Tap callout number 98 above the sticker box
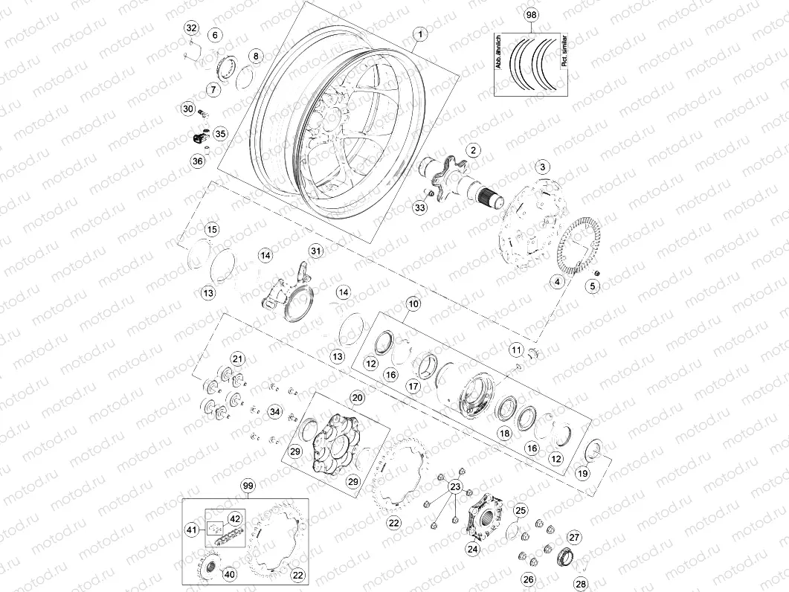[530, 15]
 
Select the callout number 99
[248, 486]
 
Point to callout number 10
[413, 303]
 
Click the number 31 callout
[317, 251]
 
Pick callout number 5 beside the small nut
[593, 286]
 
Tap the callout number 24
[473, 549]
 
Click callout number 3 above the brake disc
[543, 167]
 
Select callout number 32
[191, 28]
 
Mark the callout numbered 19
[583, 473]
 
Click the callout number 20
[357, 398]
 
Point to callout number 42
[234, 518]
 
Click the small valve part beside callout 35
[199, 137]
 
